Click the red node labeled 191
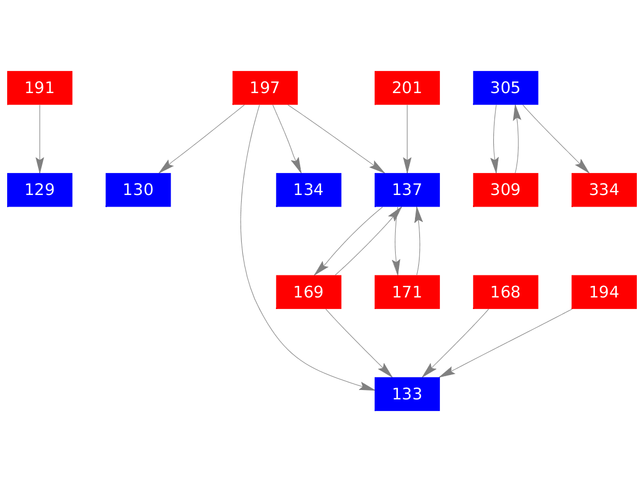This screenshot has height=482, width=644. (x=40, y=88)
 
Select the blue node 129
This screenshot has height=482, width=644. (x=40, y=190)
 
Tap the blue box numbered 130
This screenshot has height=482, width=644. (x=138, y=190)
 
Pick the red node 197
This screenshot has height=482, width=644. (x=265, y=88)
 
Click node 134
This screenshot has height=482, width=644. (x=308, y=190)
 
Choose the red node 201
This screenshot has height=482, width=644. (x=407, y=88)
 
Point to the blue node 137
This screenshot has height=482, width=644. (x=407, y=190)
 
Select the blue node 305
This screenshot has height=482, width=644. (x=505, y=88)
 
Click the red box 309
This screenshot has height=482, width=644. (x=505, y=190)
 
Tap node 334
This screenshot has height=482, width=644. (x=604, y=190)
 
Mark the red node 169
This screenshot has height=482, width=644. (x=308, y=292)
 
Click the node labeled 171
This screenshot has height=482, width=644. (x=407, y=292)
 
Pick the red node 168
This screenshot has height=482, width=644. (x=505, y=292)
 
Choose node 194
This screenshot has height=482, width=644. (x=604, y=292)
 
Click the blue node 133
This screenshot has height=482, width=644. (x=407, y=394)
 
